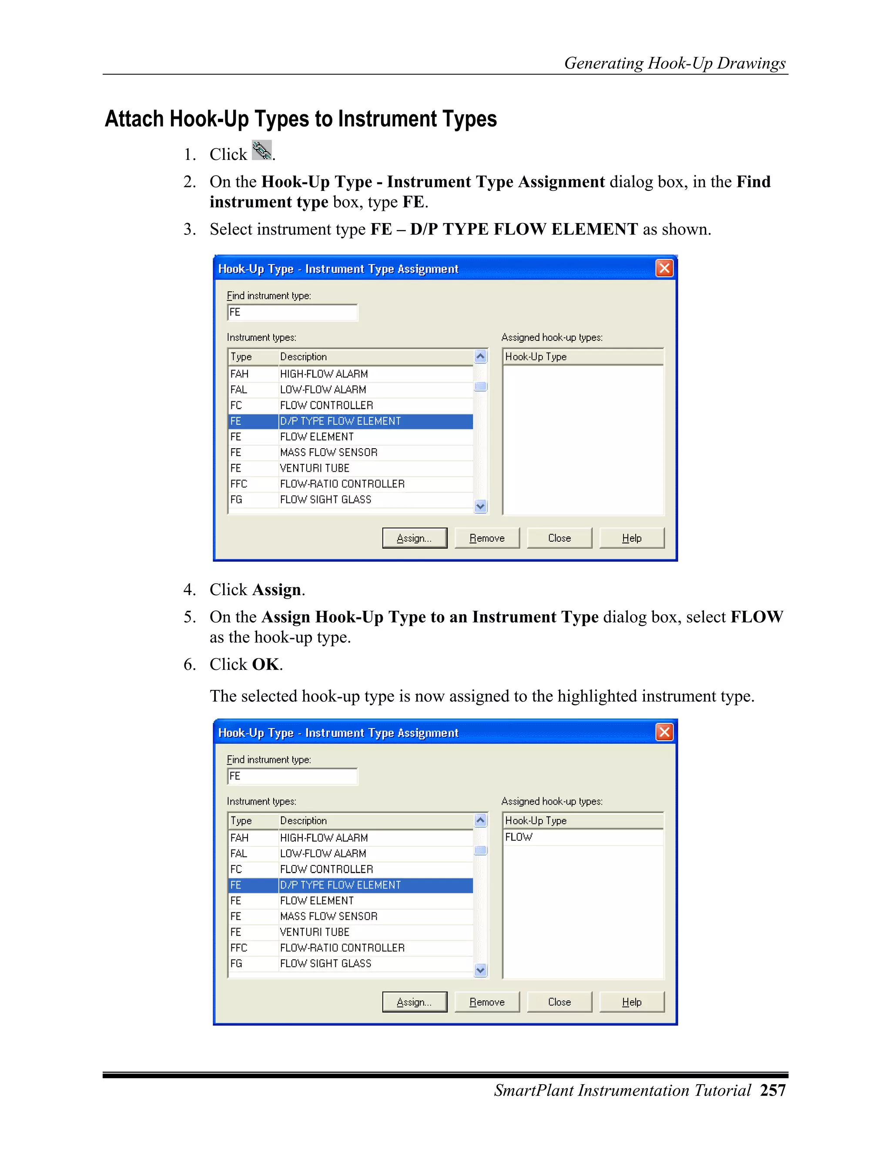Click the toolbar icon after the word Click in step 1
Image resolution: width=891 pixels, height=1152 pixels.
262,150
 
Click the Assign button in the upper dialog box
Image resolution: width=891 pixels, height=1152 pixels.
414,538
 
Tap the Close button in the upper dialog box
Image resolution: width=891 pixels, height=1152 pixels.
559,538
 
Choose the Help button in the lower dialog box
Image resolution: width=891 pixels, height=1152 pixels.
631,1002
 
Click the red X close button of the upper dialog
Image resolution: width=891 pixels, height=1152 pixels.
664,269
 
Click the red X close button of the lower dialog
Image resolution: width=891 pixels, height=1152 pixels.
664,732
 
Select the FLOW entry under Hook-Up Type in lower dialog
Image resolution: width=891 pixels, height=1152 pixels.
519,837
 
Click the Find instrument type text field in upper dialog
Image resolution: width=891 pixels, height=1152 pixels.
292,312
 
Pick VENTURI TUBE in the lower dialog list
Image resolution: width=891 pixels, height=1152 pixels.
315,932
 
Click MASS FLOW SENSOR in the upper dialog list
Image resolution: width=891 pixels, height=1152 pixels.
328,453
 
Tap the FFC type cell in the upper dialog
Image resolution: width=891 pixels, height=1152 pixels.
238,484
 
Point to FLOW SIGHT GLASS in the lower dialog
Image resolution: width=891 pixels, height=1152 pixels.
326,963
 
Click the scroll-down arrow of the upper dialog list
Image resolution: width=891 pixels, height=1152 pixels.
480,506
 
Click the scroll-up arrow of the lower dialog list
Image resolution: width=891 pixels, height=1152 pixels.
480,820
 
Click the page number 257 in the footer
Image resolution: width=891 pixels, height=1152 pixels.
773,1090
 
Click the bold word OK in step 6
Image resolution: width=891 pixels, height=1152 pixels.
265,664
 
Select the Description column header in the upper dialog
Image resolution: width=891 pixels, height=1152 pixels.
304,356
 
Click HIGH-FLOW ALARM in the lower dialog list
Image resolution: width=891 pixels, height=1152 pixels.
324,838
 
